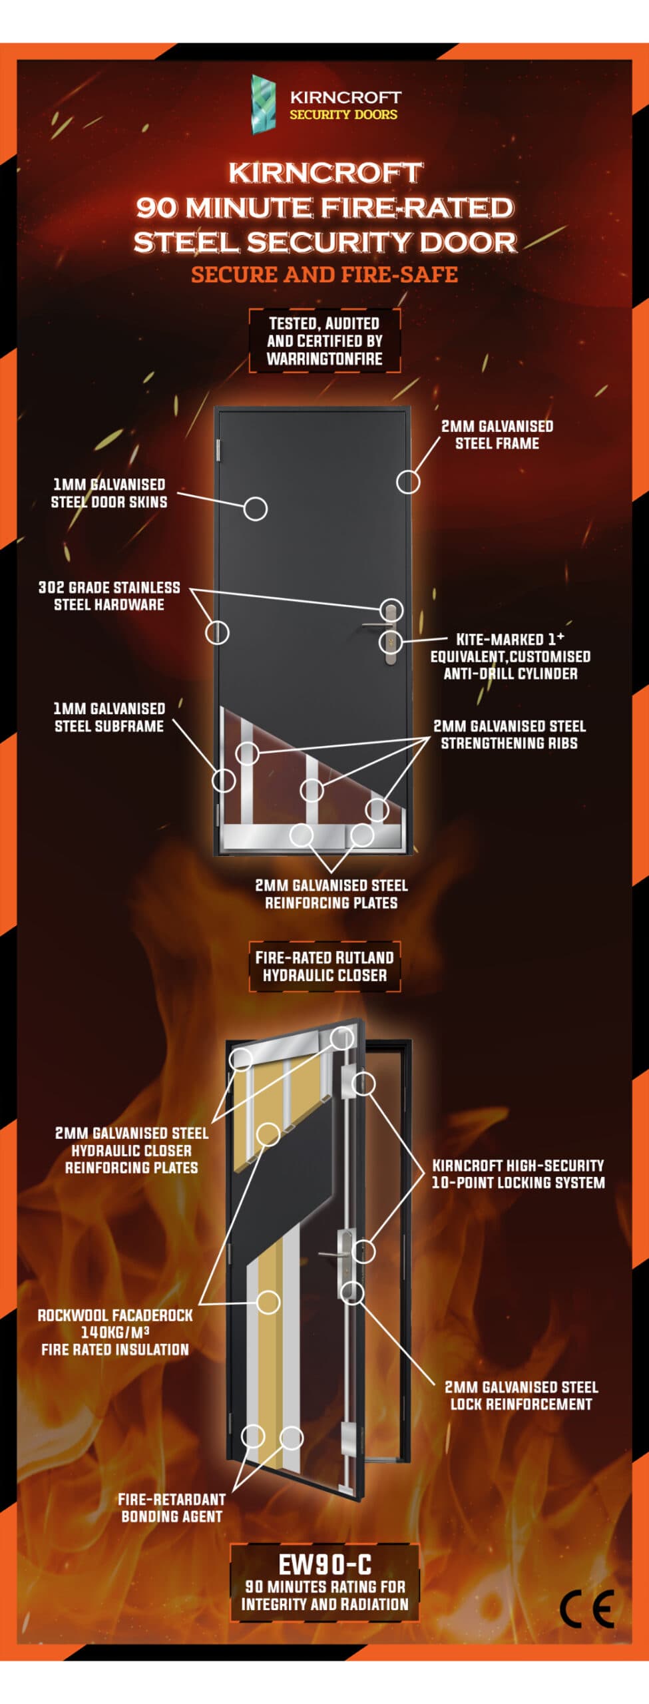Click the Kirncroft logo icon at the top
[264, 105]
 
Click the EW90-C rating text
[324, 1564]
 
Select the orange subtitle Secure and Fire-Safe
[324, 274]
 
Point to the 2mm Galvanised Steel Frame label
[497, 435]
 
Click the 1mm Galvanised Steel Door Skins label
[109, 493]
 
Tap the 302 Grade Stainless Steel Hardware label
[109, 596]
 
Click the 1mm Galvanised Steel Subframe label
[109, 717]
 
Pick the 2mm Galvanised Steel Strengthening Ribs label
[509, 734]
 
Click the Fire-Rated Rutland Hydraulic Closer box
[325, 966]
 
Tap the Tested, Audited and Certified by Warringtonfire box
[325, 341]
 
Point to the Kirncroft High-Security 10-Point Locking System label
[518, 1173]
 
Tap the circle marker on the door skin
[255, 509]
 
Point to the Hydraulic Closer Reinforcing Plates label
[131, 1150]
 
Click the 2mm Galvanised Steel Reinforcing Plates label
[331, 894]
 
